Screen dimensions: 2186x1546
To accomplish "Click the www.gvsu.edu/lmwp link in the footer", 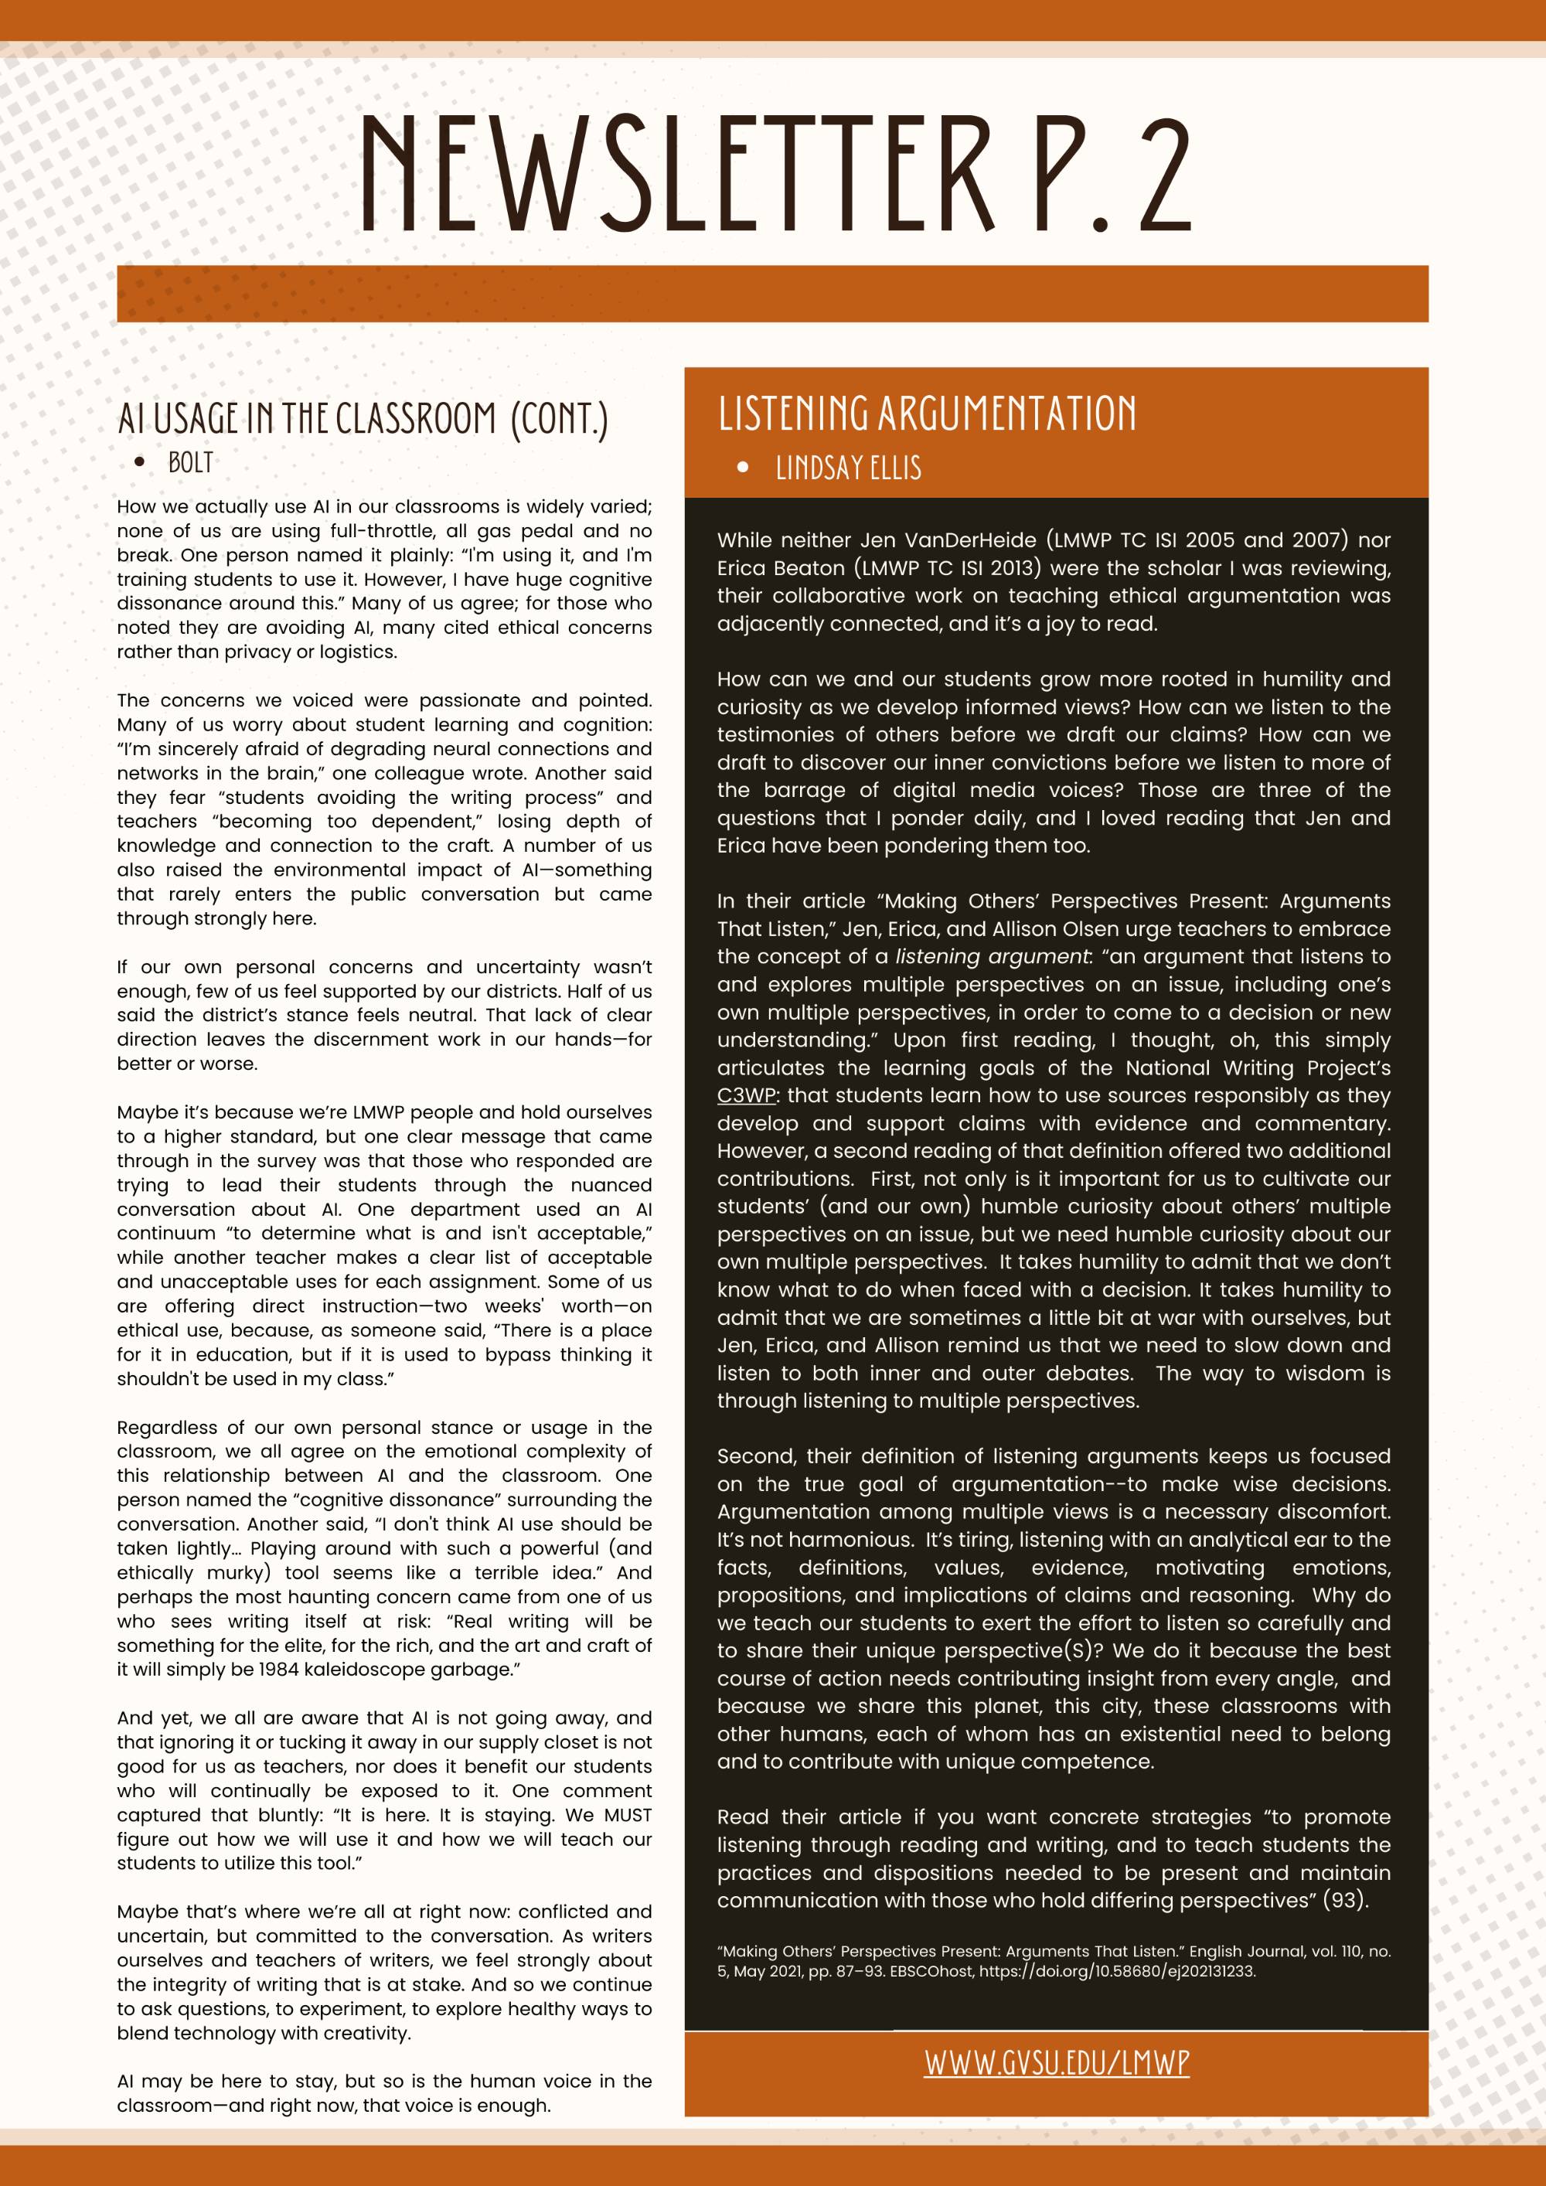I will coord(1056,2062).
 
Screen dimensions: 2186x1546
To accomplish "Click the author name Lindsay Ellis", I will coord(848,468).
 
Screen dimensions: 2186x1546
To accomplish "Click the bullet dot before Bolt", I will coord(140,464).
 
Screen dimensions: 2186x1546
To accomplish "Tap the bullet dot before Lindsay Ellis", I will coord(744,468).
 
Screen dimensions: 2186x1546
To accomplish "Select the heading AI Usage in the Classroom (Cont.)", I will coord(362,419).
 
